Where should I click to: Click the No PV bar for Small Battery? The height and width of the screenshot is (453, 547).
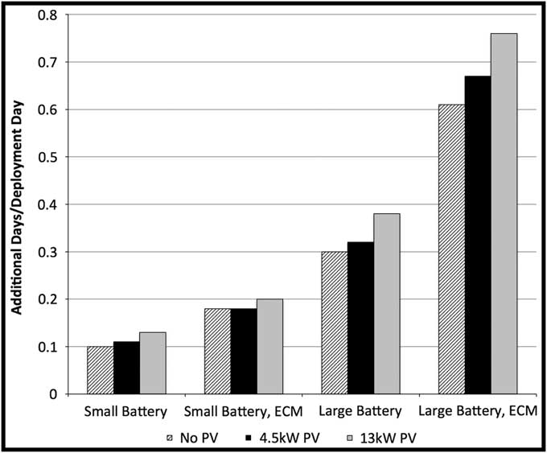coord(101,370)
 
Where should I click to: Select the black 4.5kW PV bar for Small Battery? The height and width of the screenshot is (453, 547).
coord(126,368)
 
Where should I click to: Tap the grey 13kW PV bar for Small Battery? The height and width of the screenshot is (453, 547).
coord(152,363)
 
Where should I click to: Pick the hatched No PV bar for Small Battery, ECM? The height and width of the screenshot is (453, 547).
coord(216,351)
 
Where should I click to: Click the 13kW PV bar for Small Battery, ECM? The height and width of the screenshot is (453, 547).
coord(269,346)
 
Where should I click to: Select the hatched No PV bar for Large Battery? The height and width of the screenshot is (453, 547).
coord(335,323)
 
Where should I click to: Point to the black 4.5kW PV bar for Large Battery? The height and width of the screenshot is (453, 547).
coord(360,318)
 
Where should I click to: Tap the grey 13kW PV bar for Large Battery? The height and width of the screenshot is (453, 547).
coord(386,303)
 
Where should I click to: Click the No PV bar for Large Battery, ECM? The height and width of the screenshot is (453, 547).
coord(451,249)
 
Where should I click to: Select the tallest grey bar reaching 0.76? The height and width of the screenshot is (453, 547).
coord(504,213)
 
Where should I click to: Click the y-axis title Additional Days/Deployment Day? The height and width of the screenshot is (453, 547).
coord(16,204)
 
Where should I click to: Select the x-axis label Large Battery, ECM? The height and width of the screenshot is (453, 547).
coord(478,412)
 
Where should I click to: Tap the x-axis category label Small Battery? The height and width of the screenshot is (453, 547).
coord(125,412)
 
